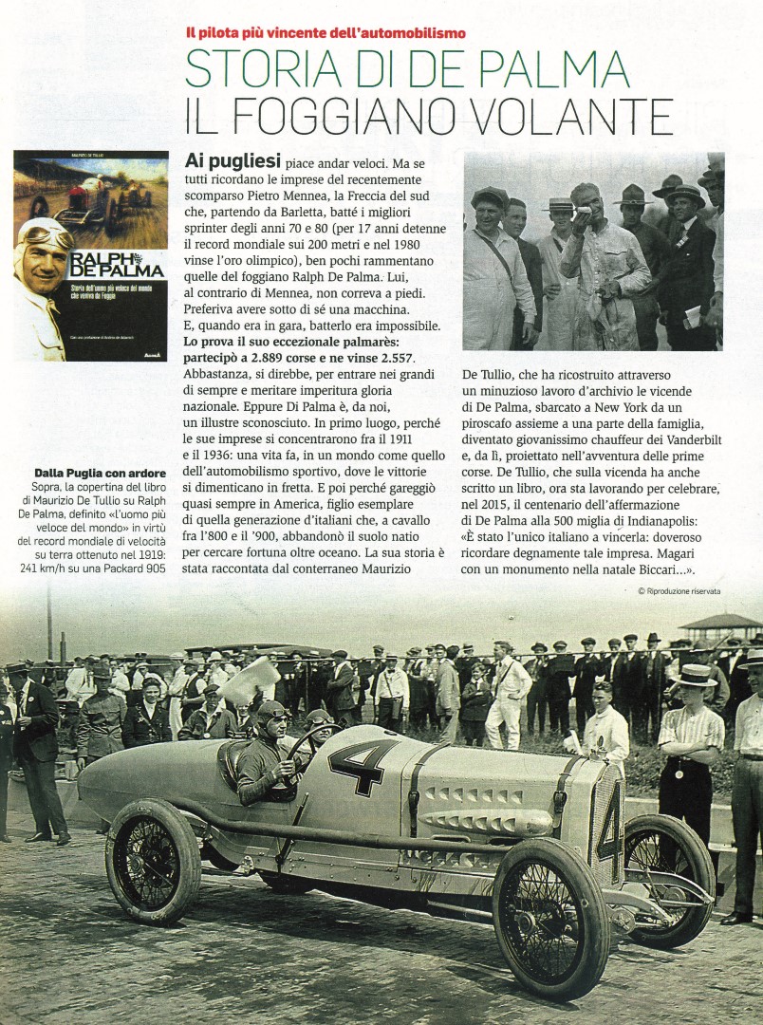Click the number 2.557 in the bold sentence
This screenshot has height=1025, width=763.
(391, 356)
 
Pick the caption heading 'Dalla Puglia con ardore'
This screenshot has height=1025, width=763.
(100, 473)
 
